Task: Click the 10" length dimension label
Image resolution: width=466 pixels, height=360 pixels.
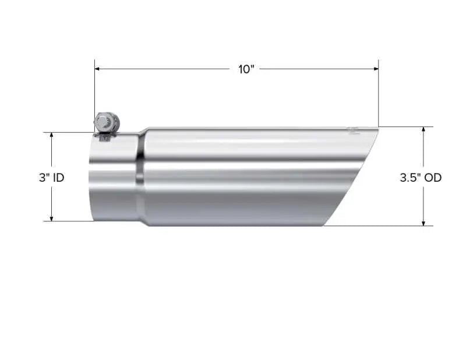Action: coord(246,69)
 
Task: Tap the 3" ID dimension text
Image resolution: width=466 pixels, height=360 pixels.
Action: coord(51,178)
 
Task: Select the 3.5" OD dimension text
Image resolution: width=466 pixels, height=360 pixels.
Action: coord(420,178)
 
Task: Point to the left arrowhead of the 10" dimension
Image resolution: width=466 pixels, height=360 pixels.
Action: coord(98,69)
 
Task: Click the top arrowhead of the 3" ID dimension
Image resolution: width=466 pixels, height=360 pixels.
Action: coord(51,135)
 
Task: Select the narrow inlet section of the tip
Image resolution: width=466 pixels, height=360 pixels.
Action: coord(114,178)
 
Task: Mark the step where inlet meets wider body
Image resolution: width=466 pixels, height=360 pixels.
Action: coord(140,178)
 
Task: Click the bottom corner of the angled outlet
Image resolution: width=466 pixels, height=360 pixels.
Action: coord(324,225)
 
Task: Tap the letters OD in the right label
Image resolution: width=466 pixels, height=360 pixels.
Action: coord(433,178)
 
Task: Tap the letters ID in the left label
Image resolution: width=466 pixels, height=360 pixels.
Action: coord(58,178)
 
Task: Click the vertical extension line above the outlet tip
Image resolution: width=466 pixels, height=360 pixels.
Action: coord(378,93)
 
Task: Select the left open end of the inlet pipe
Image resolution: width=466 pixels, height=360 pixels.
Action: coord(91,178)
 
